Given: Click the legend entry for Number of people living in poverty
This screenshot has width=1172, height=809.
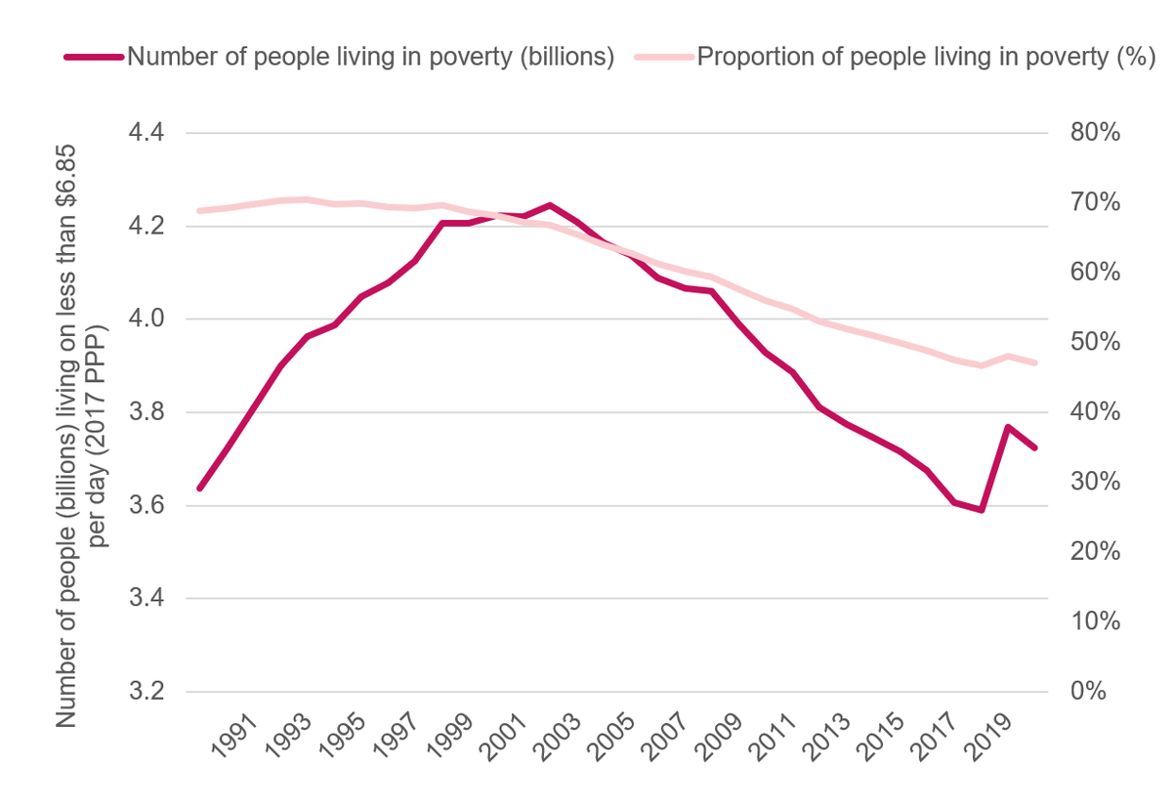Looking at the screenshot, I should pyautogui.click(x=370, y=57).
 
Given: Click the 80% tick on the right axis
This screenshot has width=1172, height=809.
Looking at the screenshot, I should pyautogui.click(x=1093, y=133).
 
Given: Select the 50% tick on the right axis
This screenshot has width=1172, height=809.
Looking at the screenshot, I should pyautogui.click(x=1093, y=342).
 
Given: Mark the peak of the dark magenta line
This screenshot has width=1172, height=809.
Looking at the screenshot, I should pyautogui.click(x=551, y=205).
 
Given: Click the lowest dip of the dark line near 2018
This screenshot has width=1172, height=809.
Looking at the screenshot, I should pyautogui.click(x=981, y=510).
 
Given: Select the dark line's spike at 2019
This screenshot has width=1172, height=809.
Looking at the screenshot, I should pyautogui.click(x=1008, y=427).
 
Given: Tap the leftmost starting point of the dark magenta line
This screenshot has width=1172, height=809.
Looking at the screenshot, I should pyautogui.click(x=199, y=488).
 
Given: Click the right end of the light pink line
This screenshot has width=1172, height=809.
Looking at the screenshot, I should pyautogui.click(x=1035, y=362).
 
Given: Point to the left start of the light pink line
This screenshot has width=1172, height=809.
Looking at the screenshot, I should pyautogui.click(x=199, y=210).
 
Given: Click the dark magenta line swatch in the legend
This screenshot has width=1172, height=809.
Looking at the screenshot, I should pyautogui.click(x=94, y=57).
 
